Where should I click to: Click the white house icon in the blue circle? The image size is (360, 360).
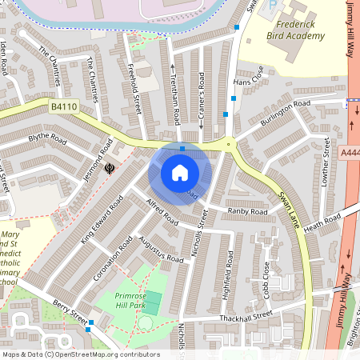(x=180, y=173)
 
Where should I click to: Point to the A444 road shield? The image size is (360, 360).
(x=350, y=151)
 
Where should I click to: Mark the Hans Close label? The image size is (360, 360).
(x=247, y=82)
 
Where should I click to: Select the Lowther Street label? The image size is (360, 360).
(x=326, y=163)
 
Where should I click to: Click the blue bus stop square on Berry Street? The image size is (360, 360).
(x=91, y=322)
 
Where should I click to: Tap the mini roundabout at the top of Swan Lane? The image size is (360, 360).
(x=230, y=145)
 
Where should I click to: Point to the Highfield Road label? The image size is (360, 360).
(x=230, y=270)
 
